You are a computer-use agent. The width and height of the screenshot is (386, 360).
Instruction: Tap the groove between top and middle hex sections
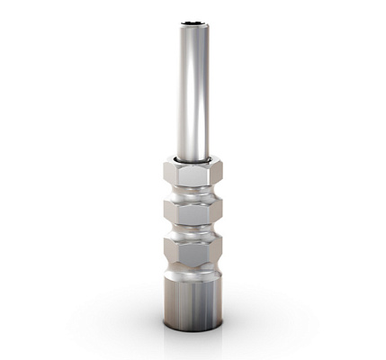[192, 194]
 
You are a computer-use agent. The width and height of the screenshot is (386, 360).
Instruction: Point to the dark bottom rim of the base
[192, 325]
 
